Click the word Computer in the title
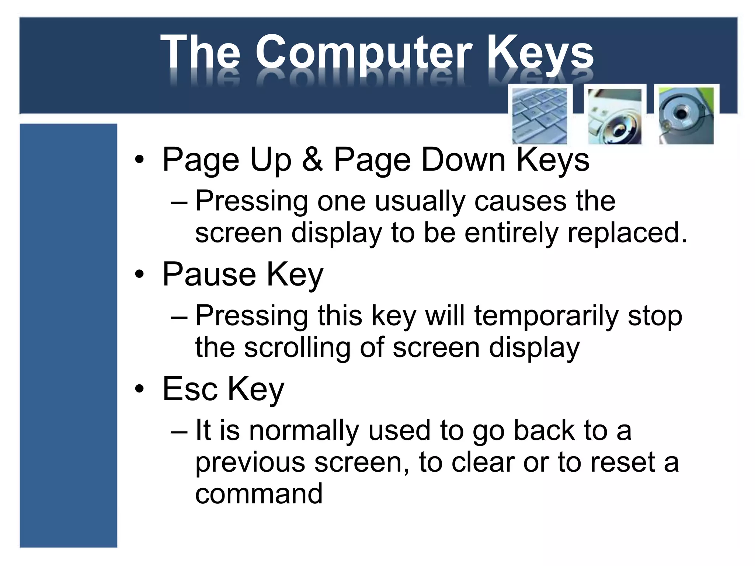(363, 53)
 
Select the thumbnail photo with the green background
(686, 115)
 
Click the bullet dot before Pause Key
(139, 275)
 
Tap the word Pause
(209, 275)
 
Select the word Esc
(190, 389)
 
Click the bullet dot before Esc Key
(139, 389)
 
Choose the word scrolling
(297, 347)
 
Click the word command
(259, 494)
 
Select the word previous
(250, 462)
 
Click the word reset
(623, 462)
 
